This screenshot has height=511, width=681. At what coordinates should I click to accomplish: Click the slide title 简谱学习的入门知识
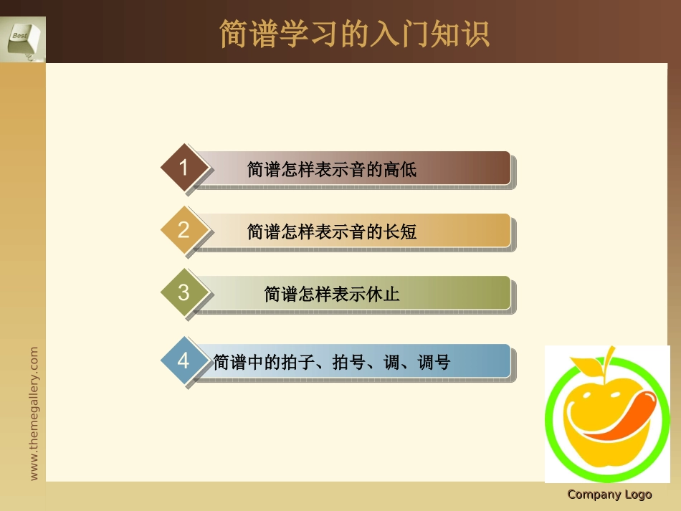pos(354,34)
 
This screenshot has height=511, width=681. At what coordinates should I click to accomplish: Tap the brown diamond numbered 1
pos(184,168)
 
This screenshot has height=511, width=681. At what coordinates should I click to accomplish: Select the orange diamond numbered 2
pos(184,230)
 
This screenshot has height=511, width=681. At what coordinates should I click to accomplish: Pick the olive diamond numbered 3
pos(184,292)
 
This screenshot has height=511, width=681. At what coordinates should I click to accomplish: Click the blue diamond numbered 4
pos(184,360)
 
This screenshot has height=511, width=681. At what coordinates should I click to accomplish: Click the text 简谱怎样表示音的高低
pos(332,170)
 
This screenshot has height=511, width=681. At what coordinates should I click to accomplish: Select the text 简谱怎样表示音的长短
pos(332,231)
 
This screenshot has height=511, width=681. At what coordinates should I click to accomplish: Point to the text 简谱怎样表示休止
pos(332,294)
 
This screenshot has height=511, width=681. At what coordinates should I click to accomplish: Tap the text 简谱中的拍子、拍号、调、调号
pos(332,363)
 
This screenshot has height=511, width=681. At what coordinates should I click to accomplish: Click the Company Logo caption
pos(609,495)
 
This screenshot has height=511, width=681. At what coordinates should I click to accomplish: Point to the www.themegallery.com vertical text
pos(34,414)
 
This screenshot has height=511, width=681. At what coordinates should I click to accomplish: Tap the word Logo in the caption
pos(638,495)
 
